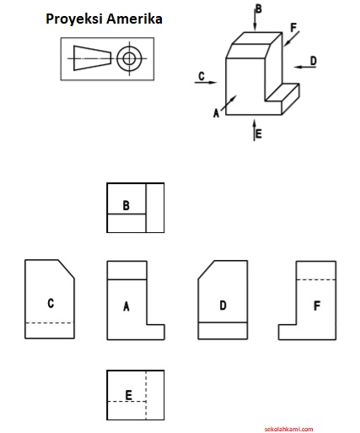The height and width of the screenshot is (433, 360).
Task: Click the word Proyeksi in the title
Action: pos(74,19)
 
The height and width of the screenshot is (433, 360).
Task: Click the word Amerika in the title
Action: pos(134,19)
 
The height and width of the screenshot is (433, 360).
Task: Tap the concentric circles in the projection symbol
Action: pos(130,59)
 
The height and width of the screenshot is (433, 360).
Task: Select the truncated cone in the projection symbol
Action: pos(93,58)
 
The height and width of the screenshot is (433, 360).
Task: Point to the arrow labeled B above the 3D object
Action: pos(255,18)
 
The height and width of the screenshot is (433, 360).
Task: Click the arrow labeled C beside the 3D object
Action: pos(206,83)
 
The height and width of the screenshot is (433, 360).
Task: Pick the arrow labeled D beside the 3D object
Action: pos(305,67)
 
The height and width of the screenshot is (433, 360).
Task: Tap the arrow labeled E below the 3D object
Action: pos(255,130)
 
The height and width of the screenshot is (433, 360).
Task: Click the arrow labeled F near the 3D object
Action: pos(292,38)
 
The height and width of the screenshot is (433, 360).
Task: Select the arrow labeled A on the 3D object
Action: pos(228,103)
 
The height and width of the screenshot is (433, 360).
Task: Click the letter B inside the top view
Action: pos(126,205)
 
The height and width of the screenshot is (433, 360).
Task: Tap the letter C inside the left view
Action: pos(51,303)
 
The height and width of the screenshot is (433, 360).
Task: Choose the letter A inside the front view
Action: pos(126,306)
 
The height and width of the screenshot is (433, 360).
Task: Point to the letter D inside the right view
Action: pos(223,306)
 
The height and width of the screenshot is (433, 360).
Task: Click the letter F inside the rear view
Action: pos(317,306)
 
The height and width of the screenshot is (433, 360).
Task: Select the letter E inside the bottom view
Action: pos(128,395)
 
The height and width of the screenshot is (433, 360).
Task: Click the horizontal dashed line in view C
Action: pos(50,322)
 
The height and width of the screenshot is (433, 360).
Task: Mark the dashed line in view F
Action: pos(316,279)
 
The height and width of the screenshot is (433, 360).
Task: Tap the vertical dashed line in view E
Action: pos(146,395)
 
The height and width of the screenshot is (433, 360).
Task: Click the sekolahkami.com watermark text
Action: pos(288,430)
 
